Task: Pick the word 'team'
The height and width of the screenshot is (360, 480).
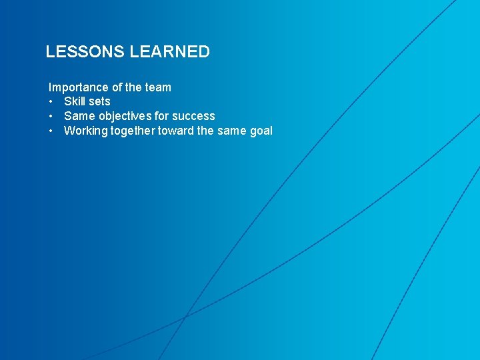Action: coord(158,87)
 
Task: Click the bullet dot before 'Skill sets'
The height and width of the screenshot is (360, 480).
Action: coord(51,102)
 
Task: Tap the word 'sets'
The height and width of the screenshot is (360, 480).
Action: coord(99,101)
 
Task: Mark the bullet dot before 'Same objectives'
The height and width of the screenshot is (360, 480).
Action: coord(51,117)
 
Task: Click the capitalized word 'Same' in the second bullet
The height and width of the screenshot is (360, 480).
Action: coord(79,116)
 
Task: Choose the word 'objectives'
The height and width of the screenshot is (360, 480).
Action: coord(124,116)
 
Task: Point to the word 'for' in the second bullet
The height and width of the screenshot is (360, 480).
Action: coord(162,116)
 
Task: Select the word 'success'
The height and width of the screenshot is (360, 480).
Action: coord(194,116)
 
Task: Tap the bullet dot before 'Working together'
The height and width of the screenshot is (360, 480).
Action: coord(51,131)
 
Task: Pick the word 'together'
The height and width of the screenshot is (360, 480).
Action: coord(132,131)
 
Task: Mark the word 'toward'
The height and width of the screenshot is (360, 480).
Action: coord(175,131)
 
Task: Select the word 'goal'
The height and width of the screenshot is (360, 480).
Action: coord(261,131)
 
